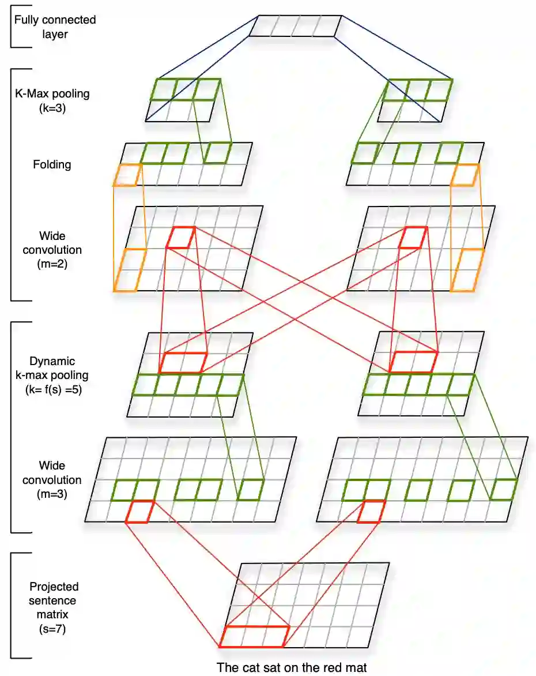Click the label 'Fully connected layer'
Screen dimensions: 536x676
click(55, 27)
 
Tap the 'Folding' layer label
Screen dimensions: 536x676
click(52, 164)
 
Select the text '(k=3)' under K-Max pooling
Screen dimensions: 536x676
click(52, 107)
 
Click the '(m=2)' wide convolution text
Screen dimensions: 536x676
click(52, 265)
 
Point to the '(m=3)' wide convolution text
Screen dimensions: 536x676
click(52, 494)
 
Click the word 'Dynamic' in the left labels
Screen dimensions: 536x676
click(52, 361)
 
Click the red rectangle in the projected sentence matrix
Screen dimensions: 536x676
click(254, 636)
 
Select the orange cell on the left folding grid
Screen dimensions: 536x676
click(127, 175)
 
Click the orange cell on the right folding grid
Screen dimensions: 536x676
click(465, 175)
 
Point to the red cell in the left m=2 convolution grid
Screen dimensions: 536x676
click(180, 238)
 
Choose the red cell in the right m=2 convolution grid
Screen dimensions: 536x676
click(413, 238)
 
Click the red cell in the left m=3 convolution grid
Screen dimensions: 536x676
click(139, 512)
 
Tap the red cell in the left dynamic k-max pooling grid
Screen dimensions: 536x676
click(183, 362)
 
